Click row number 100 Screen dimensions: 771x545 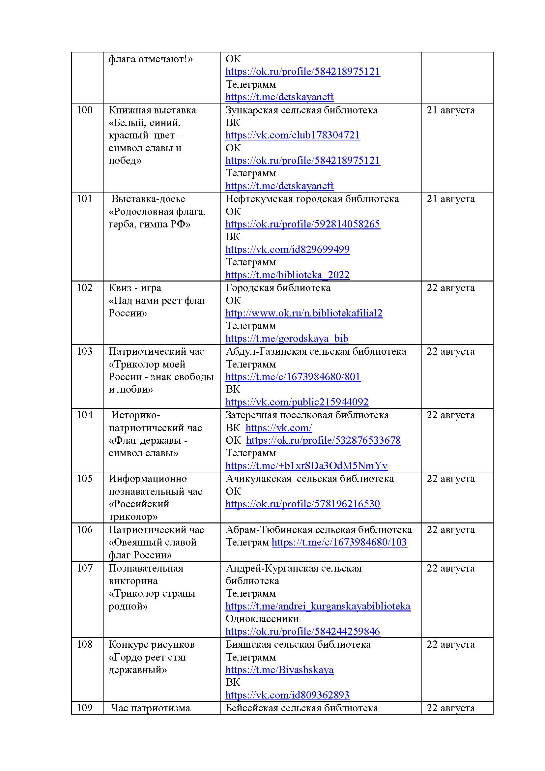pyautogui.click(x=85, y=110)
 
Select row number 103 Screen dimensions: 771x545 pyautogui.click(x=85, y=351)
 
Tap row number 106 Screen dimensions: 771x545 pyautogui.click(x=85, y=530)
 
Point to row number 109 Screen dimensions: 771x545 pyautogui.click(x=85, y=708)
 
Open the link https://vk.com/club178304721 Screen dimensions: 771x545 pyautogui.click(x=292, y=135)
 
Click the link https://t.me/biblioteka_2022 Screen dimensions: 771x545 pyautogui.click(x=287, y=275)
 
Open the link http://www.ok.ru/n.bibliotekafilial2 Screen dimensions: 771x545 pyautogui.click(x=304, y=313)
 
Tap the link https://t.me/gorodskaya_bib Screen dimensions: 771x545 pyautogui.click(x=287, y=339)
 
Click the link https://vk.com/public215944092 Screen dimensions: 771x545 pyautogui.click(x=297, y=402)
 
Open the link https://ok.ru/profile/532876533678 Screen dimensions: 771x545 pyautogui.click(x=323, y=441)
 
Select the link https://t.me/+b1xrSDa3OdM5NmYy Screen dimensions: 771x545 pyautogui.click(x=306, y=466)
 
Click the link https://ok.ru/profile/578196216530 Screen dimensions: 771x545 pyautogui.click(x=302, y=504)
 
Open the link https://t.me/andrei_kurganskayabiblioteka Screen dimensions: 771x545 pyautogui.click(x=317, y=606)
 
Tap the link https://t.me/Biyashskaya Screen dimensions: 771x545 pyautogui.click(x=279, y=670)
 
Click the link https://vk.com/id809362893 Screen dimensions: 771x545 pyautogui.click(x=287, y=695)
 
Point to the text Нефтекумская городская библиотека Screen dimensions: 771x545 pyautogui.click(x=312, y=199)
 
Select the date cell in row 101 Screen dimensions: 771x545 pyautogui.click(x=450, y=199)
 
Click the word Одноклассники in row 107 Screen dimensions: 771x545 pyautogui.click(x=262, y=618)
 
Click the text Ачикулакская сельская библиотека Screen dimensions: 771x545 pyautogui.click(x=309, y=479)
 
